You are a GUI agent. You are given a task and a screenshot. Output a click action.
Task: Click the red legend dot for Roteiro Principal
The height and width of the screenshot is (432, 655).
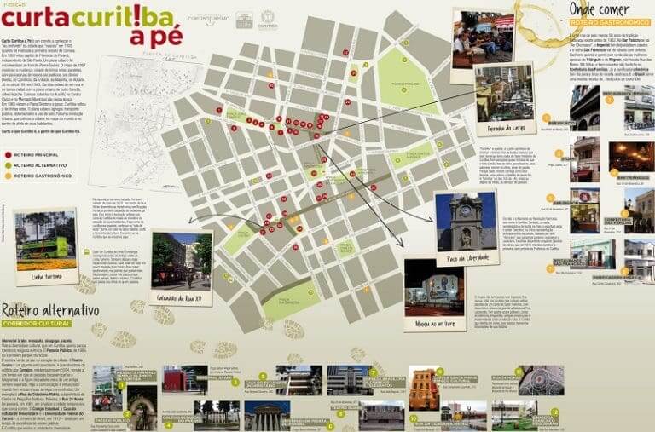(x=8, y=154)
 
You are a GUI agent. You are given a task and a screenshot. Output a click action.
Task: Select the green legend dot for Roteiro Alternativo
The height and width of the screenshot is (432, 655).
(x=8, y=164)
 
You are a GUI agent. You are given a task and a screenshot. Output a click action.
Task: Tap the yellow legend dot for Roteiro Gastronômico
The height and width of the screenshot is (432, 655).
(x=8, y=176)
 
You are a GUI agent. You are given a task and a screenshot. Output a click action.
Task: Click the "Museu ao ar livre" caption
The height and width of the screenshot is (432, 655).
(x=435, y=323)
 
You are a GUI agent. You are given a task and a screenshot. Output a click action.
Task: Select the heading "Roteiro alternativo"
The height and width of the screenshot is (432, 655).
(x=50, y=310)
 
